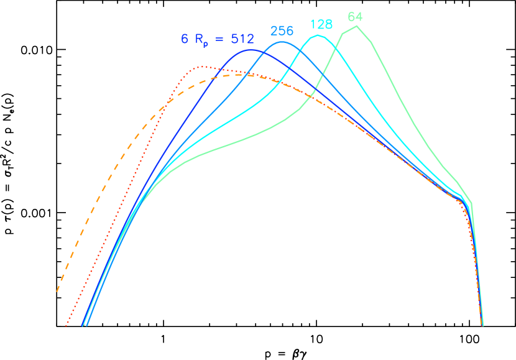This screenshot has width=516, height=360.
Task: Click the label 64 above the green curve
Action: coord(355,17)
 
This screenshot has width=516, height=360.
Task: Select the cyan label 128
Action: coord(321,25)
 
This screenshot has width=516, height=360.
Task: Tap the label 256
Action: coord(282,31)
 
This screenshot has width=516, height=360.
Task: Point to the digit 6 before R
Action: coord(185,39)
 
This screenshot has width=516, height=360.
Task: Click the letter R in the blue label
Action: coord(200,39)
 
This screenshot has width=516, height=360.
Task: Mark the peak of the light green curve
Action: coord(356,26)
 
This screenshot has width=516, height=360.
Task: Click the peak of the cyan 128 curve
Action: coord(318,35)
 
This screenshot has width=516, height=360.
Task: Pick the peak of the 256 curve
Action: coord(282,42)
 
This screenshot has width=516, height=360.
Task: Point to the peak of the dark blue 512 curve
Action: coord(251,49)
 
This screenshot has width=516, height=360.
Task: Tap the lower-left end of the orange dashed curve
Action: coord(57,291)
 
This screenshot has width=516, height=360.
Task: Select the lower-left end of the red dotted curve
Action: coord(66,325)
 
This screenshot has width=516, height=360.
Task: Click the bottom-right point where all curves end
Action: coord(482,325)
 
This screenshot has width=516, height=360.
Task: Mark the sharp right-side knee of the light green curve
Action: coord(471,203)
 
